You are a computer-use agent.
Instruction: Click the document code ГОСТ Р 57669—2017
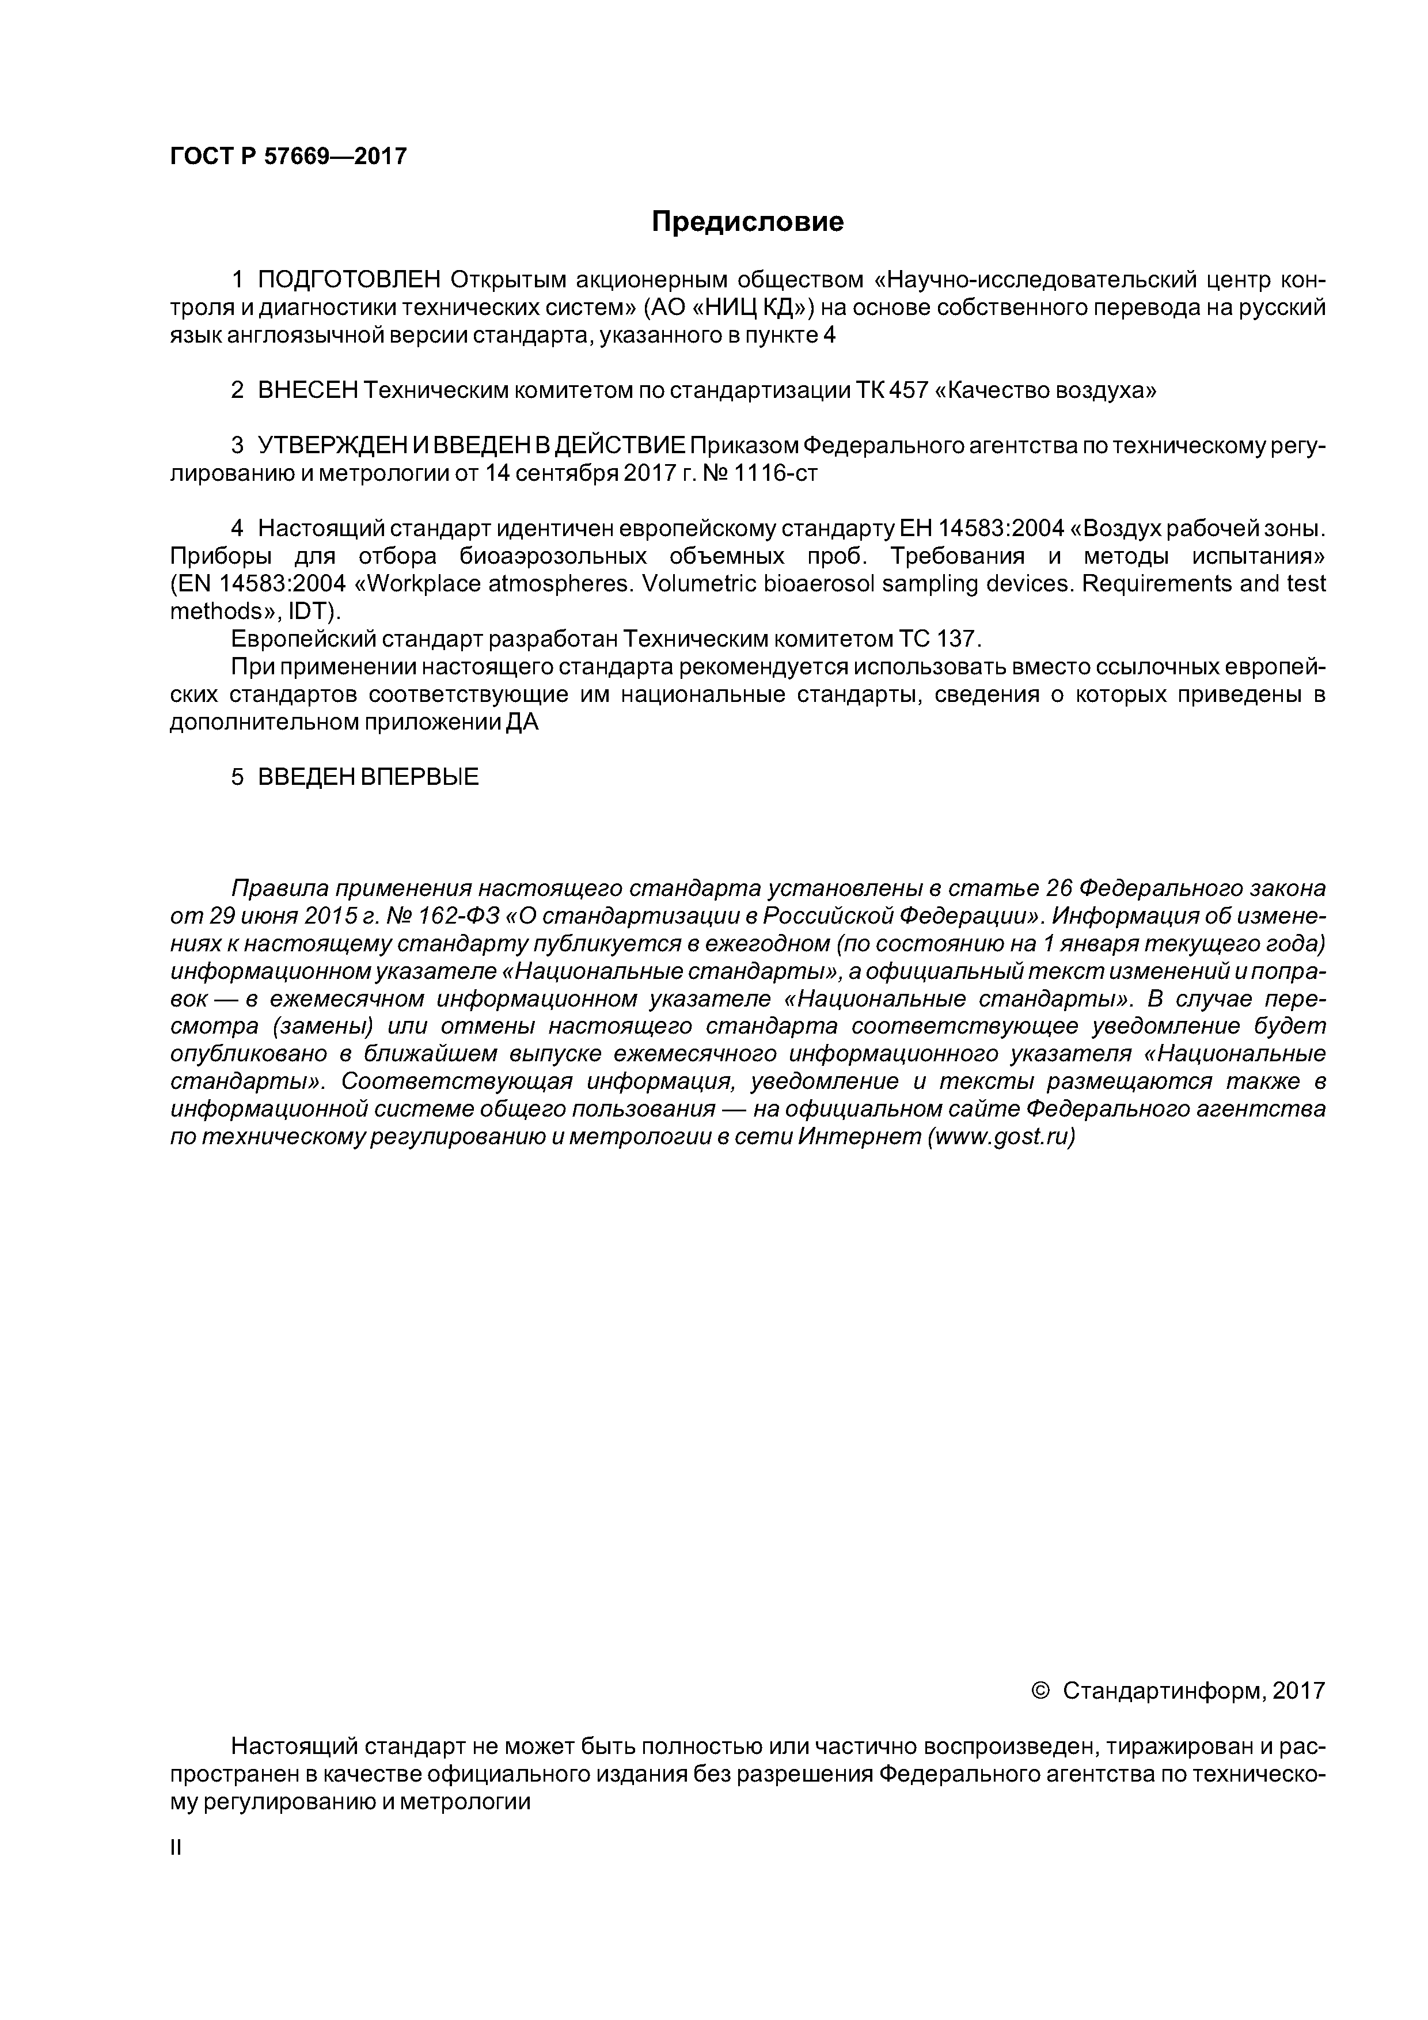click(288, 157)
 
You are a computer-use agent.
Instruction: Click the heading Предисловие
click(747, 222)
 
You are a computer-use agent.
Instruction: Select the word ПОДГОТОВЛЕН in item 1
click(350, 280)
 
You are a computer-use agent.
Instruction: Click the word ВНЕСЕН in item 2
click(307, 390)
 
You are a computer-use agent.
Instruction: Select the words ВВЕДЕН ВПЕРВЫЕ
click(368, 777)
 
